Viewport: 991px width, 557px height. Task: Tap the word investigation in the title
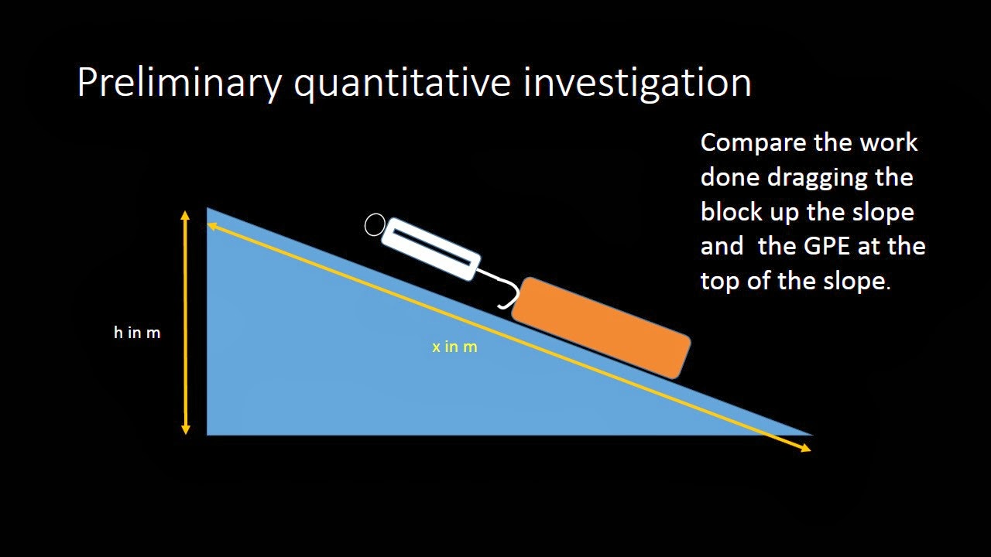(x=637, y=82)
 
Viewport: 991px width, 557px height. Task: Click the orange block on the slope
(x=601, y=328)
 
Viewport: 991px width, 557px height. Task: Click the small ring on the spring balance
(x=375, y=225)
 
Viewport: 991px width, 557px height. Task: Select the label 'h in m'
(x=137, y=333)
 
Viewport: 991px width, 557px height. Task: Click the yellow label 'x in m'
(x=454, y=347)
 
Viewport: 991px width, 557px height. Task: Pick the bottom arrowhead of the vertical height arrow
(x=185, y=428)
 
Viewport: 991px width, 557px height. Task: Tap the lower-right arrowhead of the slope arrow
(x=805, y=447)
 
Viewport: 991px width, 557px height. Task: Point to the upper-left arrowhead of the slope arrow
(x=213, y=225)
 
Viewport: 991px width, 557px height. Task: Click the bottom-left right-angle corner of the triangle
(x=208, y=434)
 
